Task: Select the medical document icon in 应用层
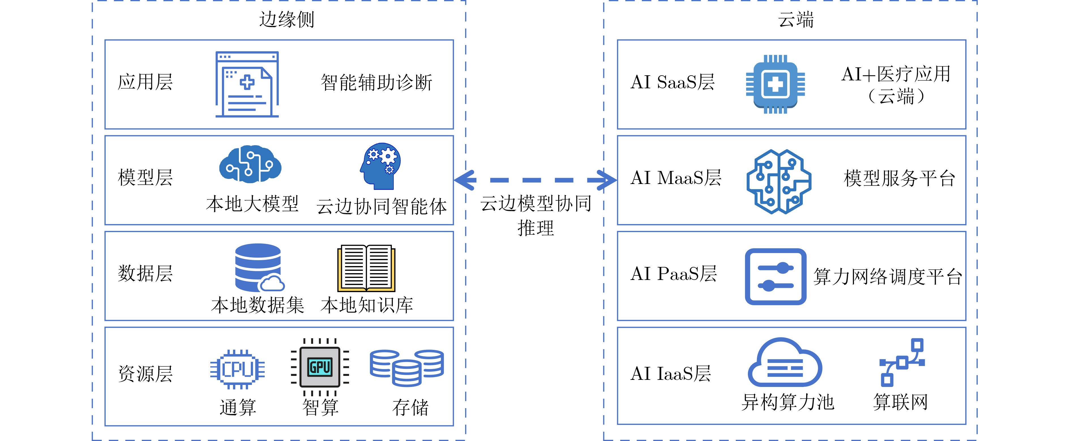click(247, 84)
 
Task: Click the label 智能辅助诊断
click(376, 82)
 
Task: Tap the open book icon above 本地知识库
click(366, 268)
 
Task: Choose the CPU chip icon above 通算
click(237, 369)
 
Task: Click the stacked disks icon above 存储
click(407, 367)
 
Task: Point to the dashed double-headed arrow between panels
click(535, 180)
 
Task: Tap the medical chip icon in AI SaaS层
click(775, 84)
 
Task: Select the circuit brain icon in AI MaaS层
click(779, 181)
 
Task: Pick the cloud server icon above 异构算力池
click(784, 363)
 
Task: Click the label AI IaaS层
click(670, 374)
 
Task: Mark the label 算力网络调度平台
click(887, 277)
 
